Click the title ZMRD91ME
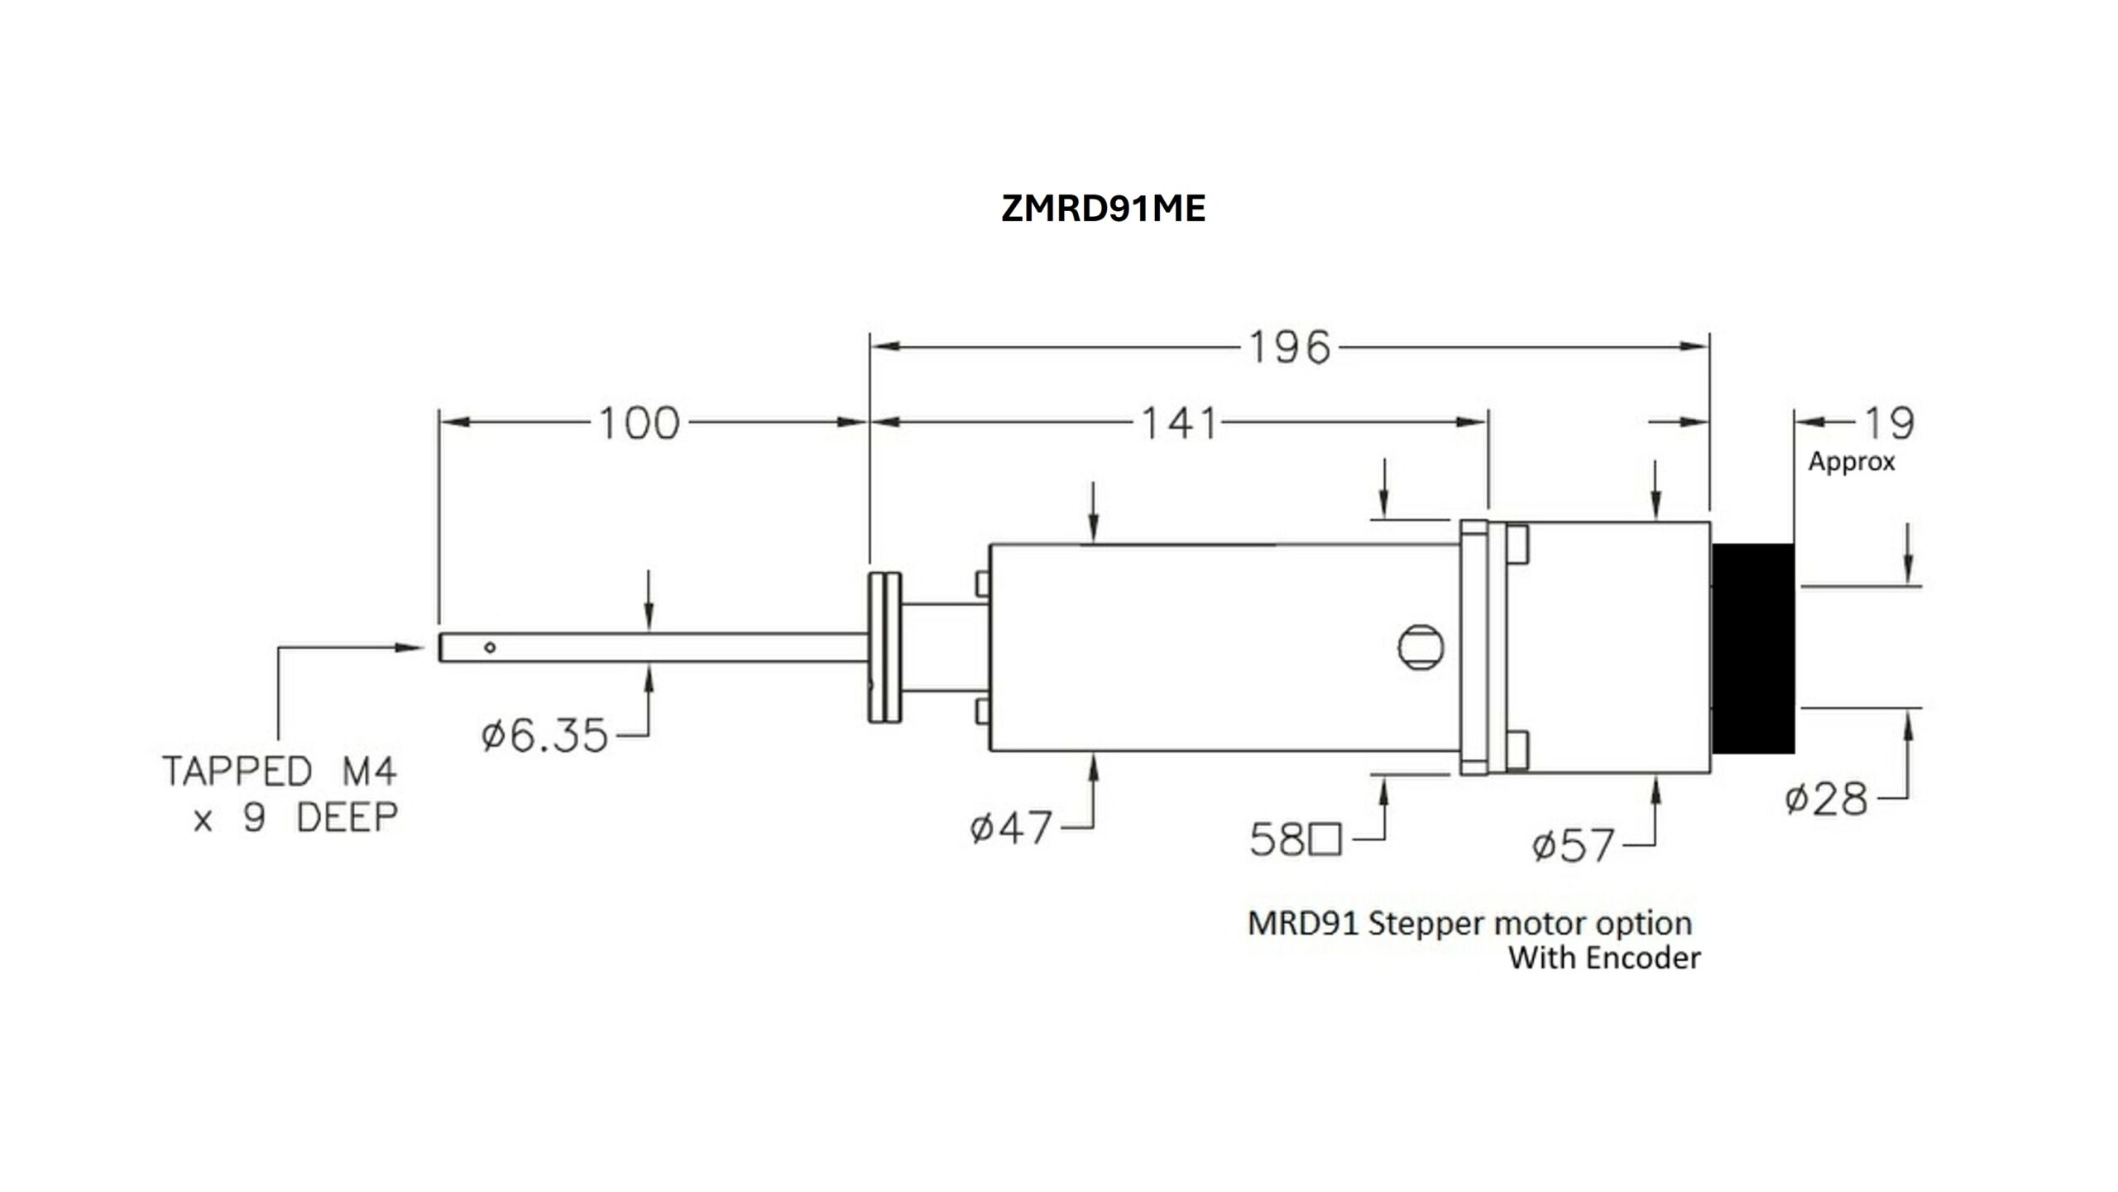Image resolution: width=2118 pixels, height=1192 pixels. (1103, 209)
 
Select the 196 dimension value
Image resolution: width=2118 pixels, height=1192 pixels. (1289, 348)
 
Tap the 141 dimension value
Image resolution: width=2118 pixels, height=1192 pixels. (1179, 423)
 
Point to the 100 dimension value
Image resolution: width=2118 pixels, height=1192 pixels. (639, 423)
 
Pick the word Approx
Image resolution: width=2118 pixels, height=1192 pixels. (1852, 462)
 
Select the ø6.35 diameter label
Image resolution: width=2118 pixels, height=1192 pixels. (545, 735)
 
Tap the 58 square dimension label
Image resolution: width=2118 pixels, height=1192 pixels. (1296, 840)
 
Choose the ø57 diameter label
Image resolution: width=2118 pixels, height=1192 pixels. (1573, 845)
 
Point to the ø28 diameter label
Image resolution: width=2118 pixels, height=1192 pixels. (1826, 799)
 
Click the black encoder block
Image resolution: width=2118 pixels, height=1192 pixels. (1752, 648)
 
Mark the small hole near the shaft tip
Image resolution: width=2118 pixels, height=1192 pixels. (490, 647)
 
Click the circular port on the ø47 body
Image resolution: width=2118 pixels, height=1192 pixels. (1421, 646)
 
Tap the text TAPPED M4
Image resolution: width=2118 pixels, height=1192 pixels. (280, 771)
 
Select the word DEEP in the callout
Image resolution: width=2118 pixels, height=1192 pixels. (347, 818)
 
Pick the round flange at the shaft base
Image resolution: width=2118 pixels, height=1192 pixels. (885, 647)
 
